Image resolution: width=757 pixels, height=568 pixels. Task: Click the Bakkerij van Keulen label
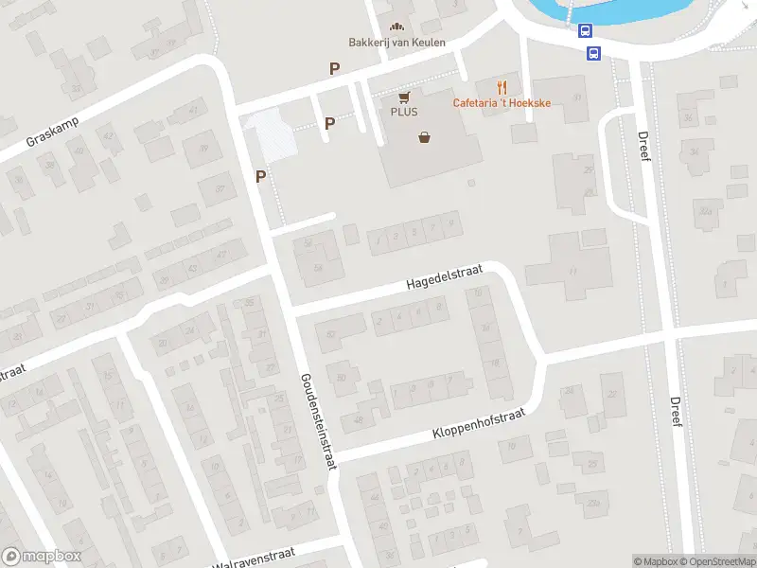[x=396, y=43]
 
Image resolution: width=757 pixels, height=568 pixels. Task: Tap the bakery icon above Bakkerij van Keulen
[x=396, y=26]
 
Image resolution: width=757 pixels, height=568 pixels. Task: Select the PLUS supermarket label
[x=404, y=112]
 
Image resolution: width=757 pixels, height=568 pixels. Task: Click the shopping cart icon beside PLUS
[x=405, y=97]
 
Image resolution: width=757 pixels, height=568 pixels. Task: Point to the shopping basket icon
[x=425, y=137]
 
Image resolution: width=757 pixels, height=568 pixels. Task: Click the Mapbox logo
[x=42, y=557]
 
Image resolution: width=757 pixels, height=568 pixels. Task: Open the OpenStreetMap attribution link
[x=715, y=561]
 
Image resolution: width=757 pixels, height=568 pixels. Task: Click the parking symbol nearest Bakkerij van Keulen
[x=333, y=68]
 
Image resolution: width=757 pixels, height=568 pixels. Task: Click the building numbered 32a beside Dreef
[x=705, y=212]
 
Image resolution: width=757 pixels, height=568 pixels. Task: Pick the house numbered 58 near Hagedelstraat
[x=318, y=268]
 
